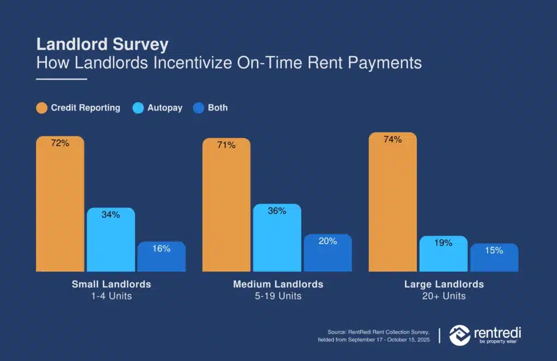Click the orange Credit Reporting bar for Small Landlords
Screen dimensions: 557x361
pos(60,204)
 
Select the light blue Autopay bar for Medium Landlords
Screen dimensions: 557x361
pos(277,237)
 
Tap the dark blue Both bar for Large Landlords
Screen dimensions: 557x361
pos(494,258)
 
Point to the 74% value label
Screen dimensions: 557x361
pos(393,139)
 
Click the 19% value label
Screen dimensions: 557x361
pos(443,243)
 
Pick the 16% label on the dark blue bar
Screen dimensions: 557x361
pos(161,249)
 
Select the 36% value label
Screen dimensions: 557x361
pos(277,211)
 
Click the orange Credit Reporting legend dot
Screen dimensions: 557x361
pos(41,108)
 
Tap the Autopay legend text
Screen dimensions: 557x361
pos(165,108)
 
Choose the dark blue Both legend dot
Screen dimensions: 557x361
pos(199,108)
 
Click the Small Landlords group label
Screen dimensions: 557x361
pos(112,284)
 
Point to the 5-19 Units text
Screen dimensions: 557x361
pos(278,296)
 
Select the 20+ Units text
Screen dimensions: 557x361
pos(444,296)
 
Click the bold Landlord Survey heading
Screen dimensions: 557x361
pos(102,45)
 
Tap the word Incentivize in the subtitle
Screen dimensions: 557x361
pos(193,63)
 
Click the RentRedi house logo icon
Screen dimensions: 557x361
pos(460,335)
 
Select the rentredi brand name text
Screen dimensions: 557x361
pos(497,333)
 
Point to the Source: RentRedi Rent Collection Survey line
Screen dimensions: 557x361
pos(379,332)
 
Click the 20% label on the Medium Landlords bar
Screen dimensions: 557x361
pos(327,241)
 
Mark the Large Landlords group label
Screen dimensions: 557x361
pos(444,284)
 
